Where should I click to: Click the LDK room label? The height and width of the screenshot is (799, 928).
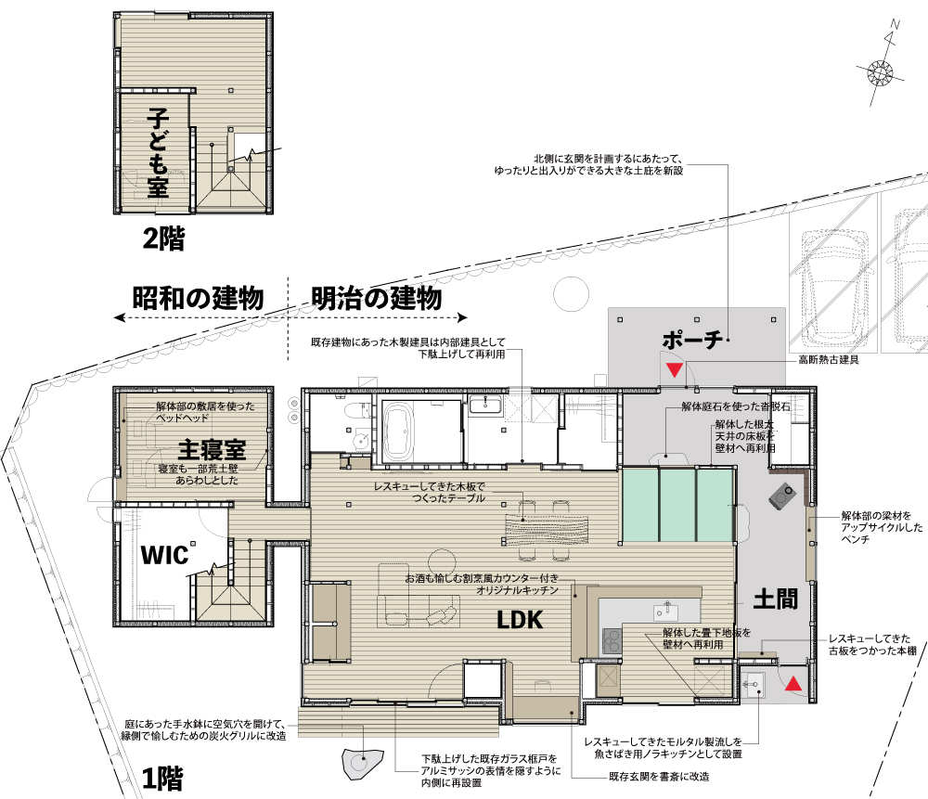pyautogui.click(x=519, y=620)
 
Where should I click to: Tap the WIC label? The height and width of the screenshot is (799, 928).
pyautogui.click(x=164, y=555)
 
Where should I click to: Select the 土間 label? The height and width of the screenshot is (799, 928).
pyautogui.click(x=775, y=599)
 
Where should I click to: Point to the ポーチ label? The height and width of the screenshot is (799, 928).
pyautogui.click(x=692, y=340)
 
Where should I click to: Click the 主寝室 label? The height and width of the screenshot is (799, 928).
pyautogui.click(x=212, y=449)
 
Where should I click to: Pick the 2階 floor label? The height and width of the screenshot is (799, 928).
pyautogui.click(x=163, y=238)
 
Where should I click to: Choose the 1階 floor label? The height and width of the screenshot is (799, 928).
pyautogui.click(x=162, y=779)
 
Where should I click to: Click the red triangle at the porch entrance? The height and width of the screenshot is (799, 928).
pyautogui.click(x=674, y=370)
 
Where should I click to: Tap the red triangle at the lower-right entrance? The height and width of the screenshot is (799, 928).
pyautogui.click(x=793, y=684)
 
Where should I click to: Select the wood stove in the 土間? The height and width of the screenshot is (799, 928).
pyautogui.click(x=781, y=496)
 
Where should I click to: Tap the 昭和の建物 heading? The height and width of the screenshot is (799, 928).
pyautogui.click(x=198, y=298)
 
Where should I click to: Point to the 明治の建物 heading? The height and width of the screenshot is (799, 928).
pyautogui.click(x=377, y=298)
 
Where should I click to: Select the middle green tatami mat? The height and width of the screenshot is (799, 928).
pyautogui.click(x=677, y=504)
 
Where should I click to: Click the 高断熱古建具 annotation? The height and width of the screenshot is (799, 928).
pyautogui.click(x=829, y=359)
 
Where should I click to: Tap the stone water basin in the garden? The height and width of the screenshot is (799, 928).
pyautogui.click(x=362, y=763)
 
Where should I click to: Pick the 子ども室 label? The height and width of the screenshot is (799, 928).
pyautogui.click(x=158, y=153)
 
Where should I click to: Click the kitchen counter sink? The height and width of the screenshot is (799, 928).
pyautogui.click(x=667, y=612)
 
